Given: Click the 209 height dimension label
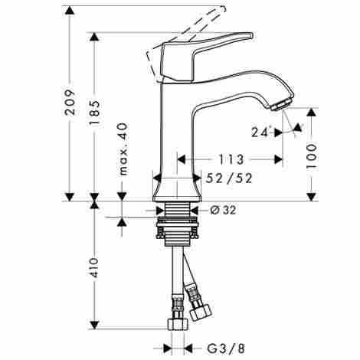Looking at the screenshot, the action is pyautogui.click(x=70, y=102).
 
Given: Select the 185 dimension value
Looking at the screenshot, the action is pyautogui.click(x=94, y=113).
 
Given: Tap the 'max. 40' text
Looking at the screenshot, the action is pyautogui.click(x=123, y=149).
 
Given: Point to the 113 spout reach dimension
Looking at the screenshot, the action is pyautogui.click(x=231, y=160).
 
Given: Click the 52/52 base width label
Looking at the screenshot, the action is pyautogui.click(x=229, y=178).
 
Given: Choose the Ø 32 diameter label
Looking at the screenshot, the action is pyautogui.click(x=223, y=210).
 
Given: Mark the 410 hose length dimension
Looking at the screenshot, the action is pyautogui.click(x=94, y=268).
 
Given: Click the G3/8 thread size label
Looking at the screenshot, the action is pyautogui.click(x=226, y=349).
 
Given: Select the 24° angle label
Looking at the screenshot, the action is pyautogui.click(x=260, y=133).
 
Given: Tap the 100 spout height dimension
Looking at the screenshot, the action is pyautogui.click(x=311, y=155).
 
